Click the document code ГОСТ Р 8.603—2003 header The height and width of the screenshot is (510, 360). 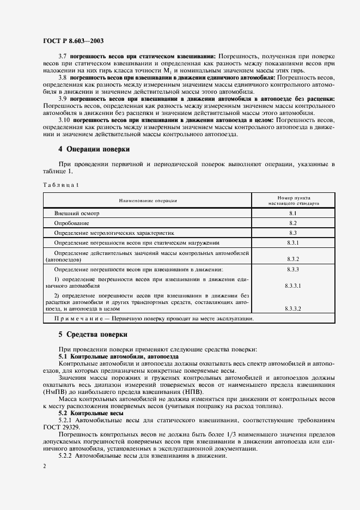click(74, 41)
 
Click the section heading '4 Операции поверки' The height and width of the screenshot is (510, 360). click(94, 149)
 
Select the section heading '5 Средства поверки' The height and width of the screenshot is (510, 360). click(93, 333)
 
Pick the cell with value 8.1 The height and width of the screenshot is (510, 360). click(292, 214)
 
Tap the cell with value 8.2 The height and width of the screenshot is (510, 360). click(292, 223)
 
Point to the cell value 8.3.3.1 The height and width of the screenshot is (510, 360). click(292, 285)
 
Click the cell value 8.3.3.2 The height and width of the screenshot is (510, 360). click(292, 308)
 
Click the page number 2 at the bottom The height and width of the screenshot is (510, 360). click(44, 466)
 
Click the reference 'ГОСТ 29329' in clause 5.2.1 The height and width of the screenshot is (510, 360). click(60, 429)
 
